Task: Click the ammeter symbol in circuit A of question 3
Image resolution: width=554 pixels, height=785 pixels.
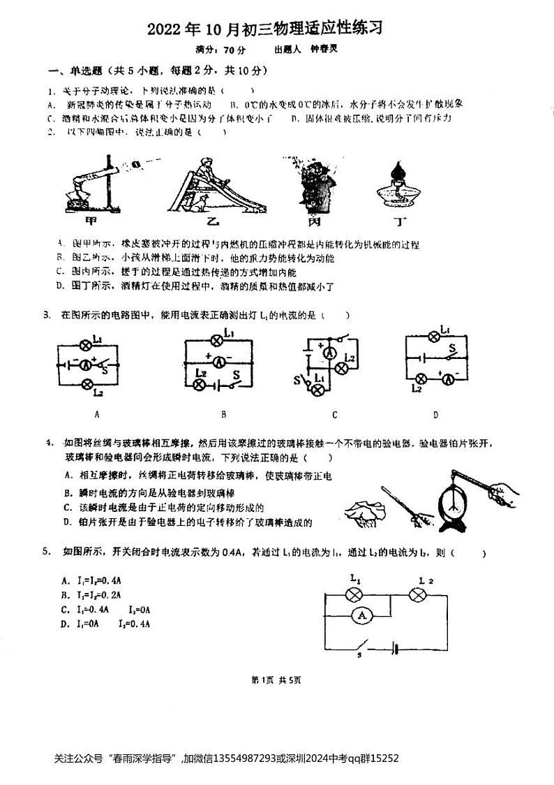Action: [x=87, y=364]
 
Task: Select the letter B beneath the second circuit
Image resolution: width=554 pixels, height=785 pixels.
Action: [x=223, y=414]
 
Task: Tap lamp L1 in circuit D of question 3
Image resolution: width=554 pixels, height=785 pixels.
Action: [x=433, y=337]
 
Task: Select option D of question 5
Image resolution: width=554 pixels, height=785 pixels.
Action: [x=105, y=624]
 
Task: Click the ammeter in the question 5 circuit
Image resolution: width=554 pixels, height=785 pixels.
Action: [x=360, y=615]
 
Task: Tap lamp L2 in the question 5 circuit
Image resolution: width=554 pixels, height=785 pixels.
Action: [x=418, y=594]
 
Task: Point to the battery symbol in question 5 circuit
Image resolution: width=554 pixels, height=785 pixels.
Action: [x=396, y=647]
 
